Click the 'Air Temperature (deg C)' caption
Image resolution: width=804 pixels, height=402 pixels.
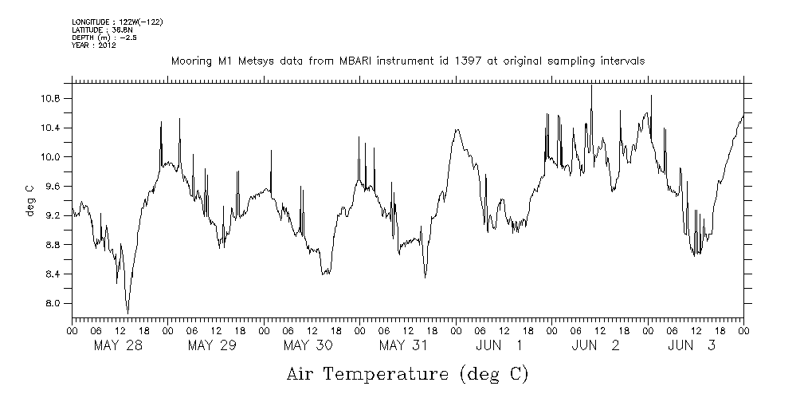(x=406, y=373)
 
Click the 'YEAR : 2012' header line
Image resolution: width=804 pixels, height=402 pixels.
(x=95, y=45)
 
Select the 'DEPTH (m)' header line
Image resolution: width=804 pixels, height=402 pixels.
(x=104, y=37)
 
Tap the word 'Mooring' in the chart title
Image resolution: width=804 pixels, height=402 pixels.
(x=191, y=61)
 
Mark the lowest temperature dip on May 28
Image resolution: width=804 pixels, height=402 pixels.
(x=127, y=313)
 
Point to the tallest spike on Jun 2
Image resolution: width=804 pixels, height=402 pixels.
(x=590, y=85)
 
